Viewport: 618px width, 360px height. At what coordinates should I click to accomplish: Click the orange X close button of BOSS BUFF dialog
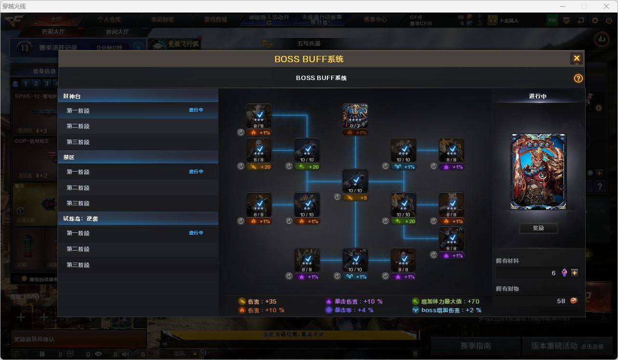pyautogui.click(x=576, y=59)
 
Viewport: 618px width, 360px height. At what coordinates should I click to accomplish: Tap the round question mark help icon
pyautogui.click(x=578, y=79)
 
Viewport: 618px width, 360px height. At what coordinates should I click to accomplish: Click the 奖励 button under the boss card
pyautogui.click(x=538, y=228)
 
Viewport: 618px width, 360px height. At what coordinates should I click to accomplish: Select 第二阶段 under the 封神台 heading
pyautogui.click(x=78, y=126)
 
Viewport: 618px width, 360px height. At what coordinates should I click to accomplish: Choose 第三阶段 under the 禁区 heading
pyautogui.click(x=78, y=203)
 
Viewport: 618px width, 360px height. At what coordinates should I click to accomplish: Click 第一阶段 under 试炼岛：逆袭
pyautogui.click(x=78, y=233)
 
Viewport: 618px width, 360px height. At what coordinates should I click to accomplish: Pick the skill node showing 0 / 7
pyautogui.click(x=355, y=116)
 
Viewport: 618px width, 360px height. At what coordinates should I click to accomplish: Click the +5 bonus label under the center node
pyautogui.click(x=355, y=198)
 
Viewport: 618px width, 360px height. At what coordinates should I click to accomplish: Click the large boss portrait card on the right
pyautogui.click(x=538, y=172)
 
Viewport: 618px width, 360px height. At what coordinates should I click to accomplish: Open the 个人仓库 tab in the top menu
pyautogui.click(x=109, y=20)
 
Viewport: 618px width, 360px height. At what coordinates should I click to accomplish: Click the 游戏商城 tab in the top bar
pyautogui.click(x=215, y=20)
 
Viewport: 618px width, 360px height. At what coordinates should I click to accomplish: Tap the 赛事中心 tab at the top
pyautogui.click(x=375, y=20)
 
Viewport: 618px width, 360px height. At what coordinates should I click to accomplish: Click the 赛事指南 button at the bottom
pyautogui.click(x=475, y=346)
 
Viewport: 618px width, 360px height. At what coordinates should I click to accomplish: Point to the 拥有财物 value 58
pyautogui.click(x=561, y=301)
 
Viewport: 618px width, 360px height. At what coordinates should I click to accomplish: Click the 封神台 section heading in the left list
pyautogui.click(x=72, y=96)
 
